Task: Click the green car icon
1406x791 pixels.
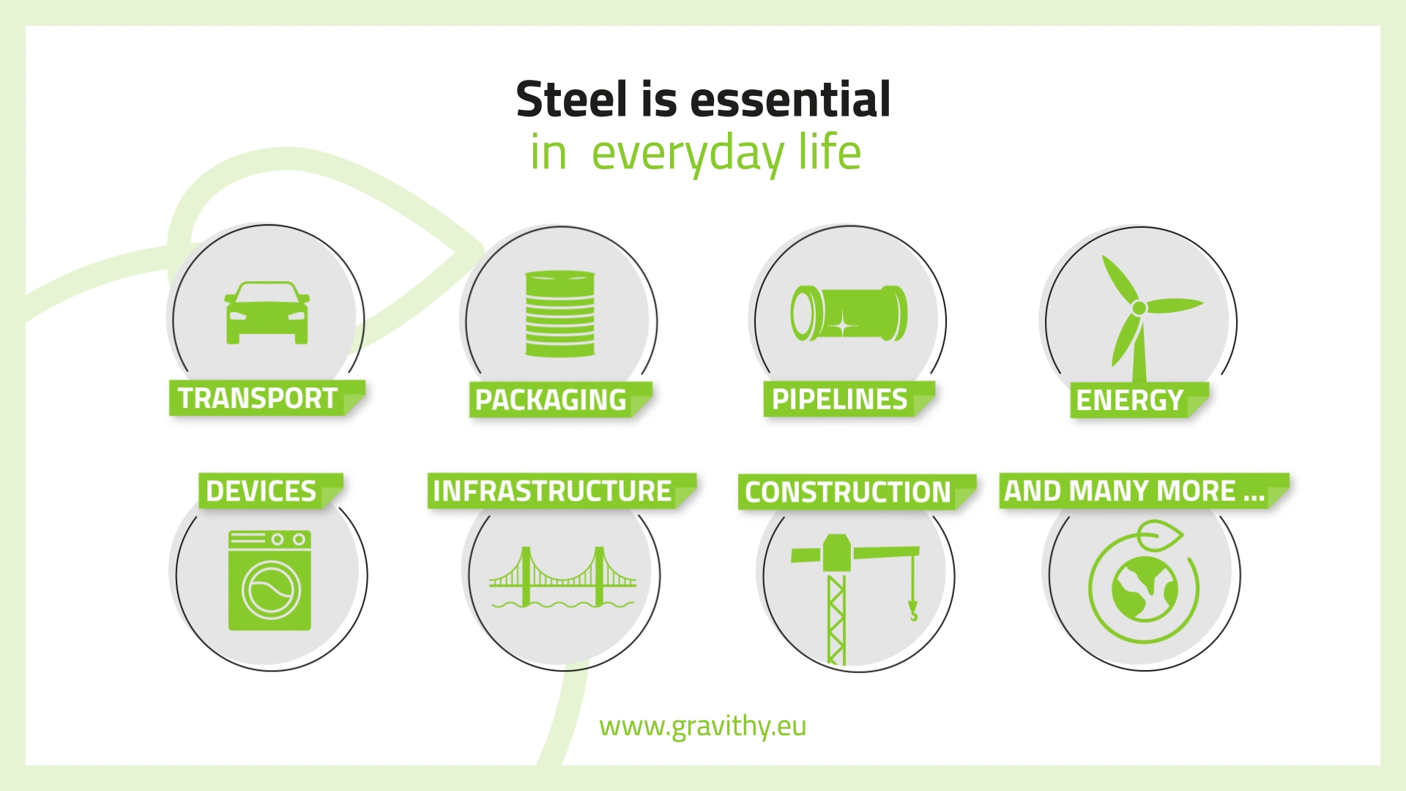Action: click(x=267, y=313)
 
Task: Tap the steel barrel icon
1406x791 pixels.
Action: click(x=560, y=314)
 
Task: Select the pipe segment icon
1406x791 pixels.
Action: click(x=849, y=313)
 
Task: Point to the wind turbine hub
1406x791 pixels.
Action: click(x=1139, y=308)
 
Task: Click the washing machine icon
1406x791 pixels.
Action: click(x=269, y=581)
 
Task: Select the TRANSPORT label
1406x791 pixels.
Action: click(x=258, y=398)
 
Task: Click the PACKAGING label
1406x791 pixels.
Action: click(x=551, y=400)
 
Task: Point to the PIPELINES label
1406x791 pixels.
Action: click(x=840, y=399)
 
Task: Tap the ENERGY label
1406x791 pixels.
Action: click(x=1130, y=400)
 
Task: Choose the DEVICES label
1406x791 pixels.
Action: click(x=261, y=491)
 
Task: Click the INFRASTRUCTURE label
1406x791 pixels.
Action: click(x=552, y=491)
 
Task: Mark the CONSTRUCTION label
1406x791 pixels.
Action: click(x=848, y=492)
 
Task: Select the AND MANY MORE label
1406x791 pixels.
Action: click(x=1134, y=491)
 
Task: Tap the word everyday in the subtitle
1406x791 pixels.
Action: click(x=688, y=154)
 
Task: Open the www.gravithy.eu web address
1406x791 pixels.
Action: click(x=703, y=727)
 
